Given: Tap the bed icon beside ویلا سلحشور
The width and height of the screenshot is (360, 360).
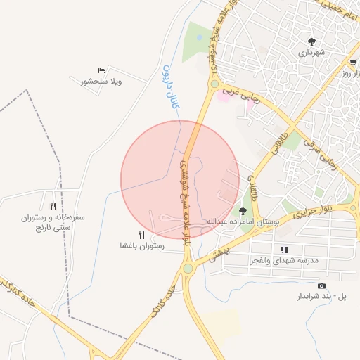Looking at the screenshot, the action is point(102,70).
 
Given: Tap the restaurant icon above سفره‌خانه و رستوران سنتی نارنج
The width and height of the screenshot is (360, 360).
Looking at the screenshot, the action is point(53,206).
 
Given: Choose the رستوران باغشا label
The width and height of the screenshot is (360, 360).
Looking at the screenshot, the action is point(141,246).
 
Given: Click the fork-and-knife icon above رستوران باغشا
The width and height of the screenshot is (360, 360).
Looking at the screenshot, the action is point(141,235).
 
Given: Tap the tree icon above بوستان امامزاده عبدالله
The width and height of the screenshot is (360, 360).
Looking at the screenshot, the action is point(243,210).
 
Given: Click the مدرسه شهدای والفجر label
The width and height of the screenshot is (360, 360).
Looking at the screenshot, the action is point(284,261).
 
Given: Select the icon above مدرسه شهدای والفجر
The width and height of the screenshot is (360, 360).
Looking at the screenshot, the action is point(284,250).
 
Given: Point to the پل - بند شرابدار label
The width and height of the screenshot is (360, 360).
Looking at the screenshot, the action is point(323,297).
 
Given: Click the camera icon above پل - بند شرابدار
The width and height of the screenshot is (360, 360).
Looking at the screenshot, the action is point(322,285).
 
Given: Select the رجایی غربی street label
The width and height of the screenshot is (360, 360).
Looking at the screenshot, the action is point(240,95).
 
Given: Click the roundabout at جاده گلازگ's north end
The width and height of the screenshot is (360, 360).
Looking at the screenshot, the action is point(188,268).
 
